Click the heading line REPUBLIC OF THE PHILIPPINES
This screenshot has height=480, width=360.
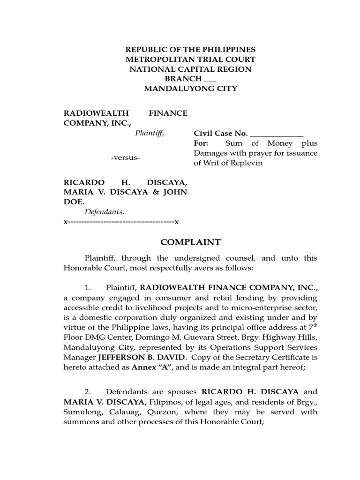pos(190,50)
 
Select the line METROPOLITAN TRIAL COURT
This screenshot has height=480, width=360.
pos(190,60)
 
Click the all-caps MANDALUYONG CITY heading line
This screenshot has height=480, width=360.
pos(190,89)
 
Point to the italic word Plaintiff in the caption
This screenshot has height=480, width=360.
pos(150,133)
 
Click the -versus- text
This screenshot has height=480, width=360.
pos(125,157)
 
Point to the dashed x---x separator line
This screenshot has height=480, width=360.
pos(121,221)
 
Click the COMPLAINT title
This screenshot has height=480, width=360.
pos(190,242)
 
